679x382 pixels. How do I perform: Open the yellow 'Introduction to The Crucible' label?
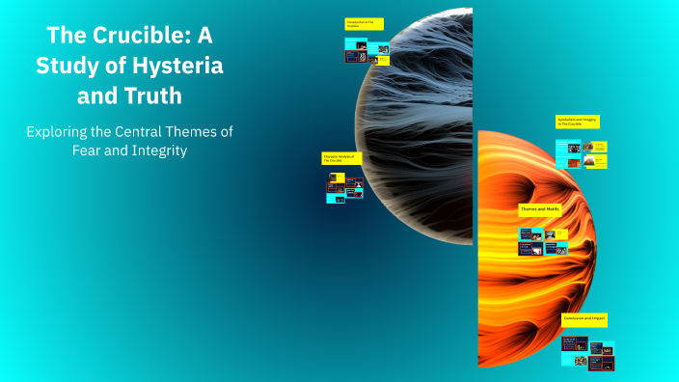(364, 23)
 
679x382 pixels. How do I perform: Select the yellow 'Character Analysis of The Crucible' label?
(341, 157)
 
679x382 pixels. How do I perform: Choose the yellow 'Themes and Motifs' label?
(540, 207)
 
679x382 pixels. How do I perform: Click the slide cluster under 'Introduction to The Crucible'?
(367, 52)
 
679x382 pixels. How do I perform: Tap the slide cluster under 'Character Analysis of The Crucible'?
(344, 186)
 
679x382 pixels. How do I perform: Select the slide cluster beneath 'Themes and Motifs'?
(543, 241)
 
